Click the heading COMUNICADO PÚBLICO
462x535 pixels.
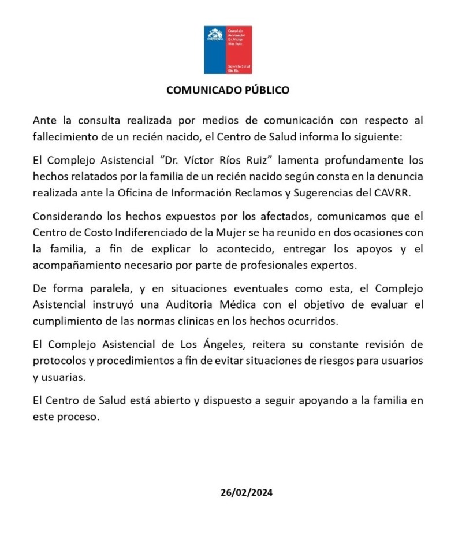coord(228,90)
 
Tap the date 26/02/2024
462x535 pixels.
coord(246,493)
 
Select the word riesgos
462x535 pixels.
coord(312,360)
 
